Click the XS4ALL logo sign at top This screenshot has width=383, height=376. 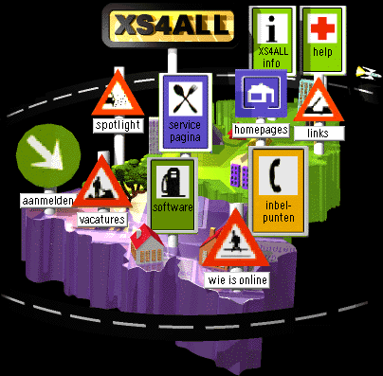click(x=172, y=26)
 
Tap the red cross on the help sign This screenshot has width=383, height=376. click(x=322, y=27)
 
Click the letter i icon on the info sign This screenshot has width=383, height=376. click(x=272, y=29)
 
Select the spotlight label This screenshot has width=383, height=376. click(x=119, y=125)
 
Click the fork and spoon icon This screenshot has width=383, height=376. click(x=185, y=98)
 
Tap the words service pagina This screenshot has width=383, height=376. click(x=185, y=132)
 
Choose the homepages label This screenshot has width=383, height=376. click(x=261, y=130)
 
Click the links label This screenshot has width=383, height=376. click(x=319, y=134)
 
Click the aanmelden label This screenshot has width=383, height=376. click(x=47, y=201)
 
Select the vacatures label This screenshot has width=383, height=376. click(x=102, y=220)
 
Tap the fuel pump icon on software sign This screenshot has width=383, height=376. click(x=172, y=182)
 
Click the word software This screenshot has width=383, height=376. click(x=173, y=207)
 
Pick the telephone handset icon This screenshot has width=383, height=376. click(x=276, y=175)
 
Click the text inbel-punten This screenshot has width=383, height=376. click(x=279, y=211)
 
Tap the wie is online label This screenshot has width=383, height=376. click(x=238, y=280)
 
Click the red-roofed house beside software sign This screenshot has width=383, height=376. click(x=146, y=244)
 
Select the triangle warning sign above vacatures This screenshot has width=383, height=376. click(x=101, y=182)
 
